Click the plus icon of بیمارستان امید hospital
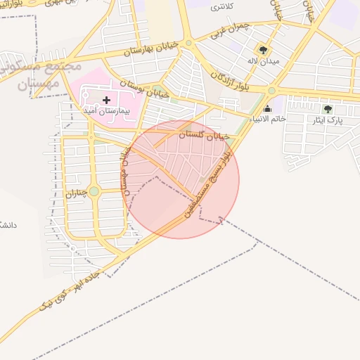(x=106, y=101)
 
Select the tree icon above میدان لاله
(x=263, y=50)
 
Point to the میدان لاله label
(x=263, y=61)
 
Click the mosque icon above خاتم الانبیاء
(x=267, y=108)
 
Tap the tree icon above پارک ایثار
(x=328, y=109)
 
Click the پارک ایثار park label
(x=328, y=120)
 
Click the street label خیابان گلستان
(x=205, y=133)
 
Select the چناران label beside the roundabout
(x=76, y=191)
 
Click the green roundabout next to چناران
(x=94, y=191)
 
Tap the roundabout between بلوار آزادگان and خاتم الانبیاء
(x=271, y=90)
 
